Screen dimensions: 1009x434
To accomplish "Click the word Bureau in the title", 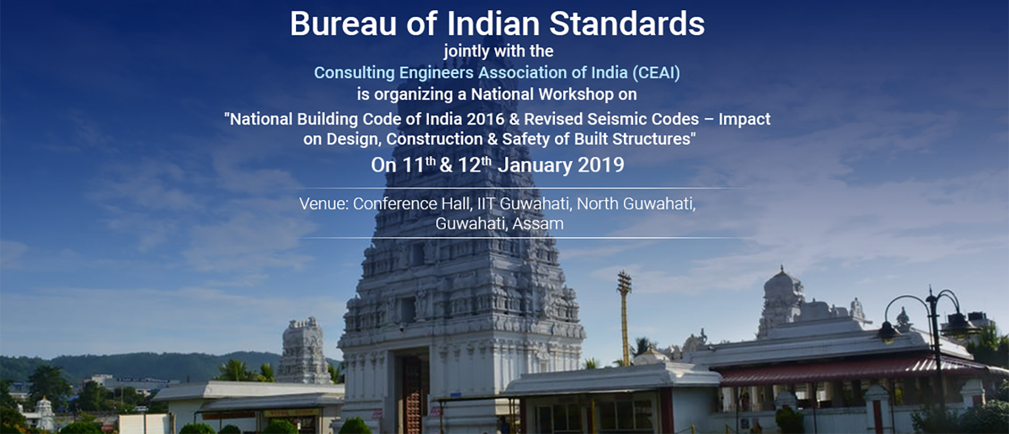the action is pyautogui.click(x=344, y=23).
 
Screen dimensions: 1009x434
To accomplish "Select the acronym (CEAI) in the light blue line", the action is pyautogui.click(x=656, y=73).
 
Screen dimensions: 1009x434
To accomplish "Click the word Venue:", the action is pyautogui.click(x=324, y=204).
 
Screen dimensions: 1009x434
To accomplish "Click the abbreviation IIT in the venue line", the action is pyautogui.click(x=486, y=204).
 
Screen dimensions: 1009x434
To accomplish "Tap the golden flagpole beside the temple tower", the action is pyautogui.click(x=625, y=318).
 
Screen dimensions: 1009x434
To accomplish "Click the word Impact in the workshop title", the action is pyautogui.click(x=744, y=120).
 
